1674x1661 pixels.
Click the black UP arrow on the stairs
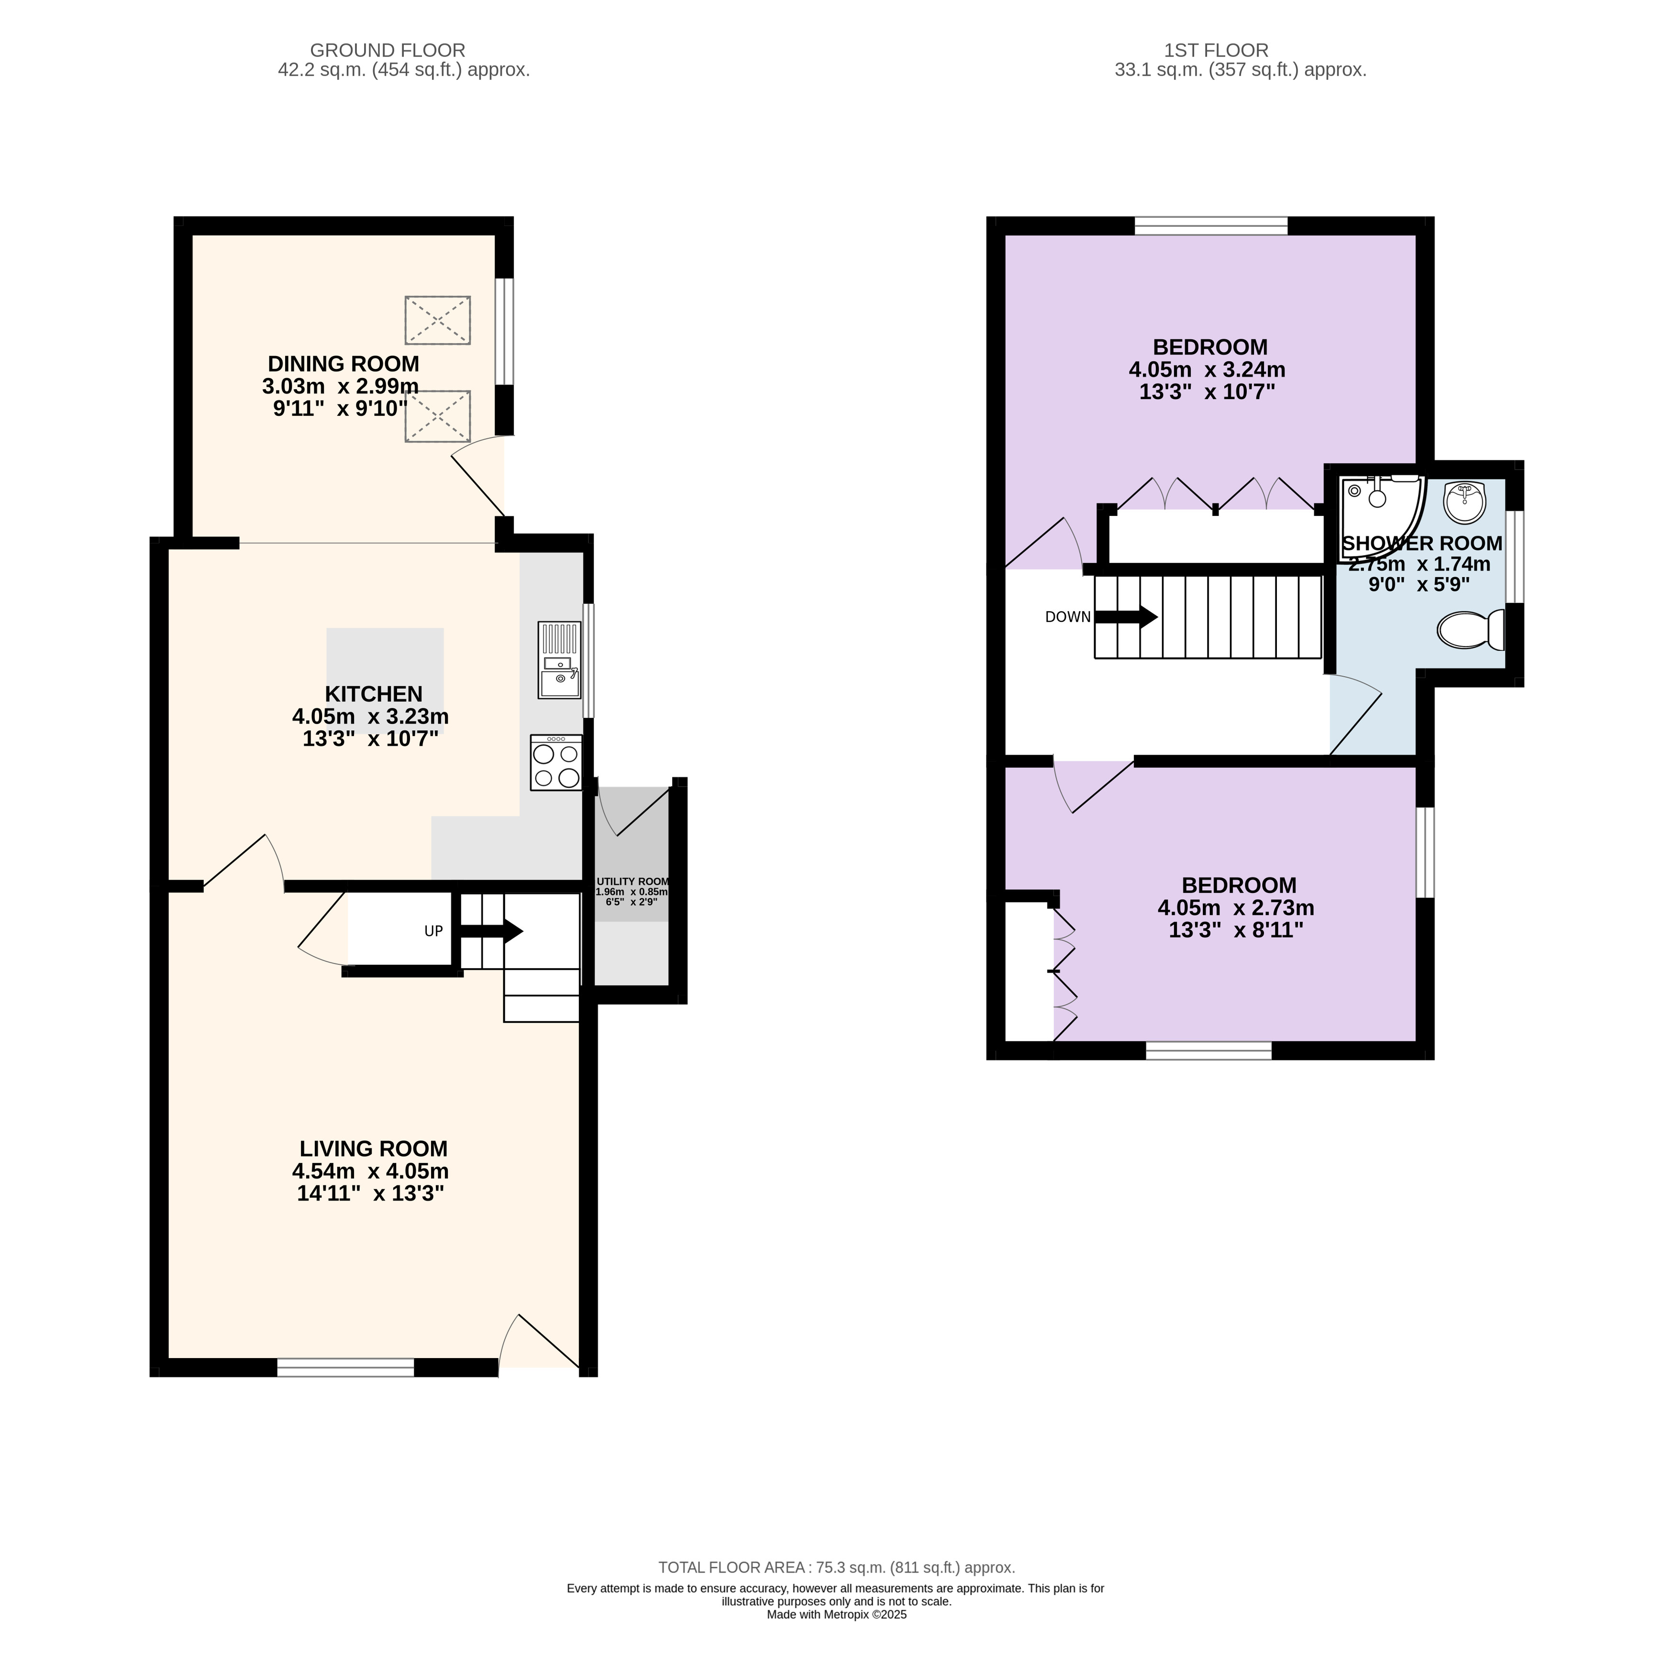[490, 931]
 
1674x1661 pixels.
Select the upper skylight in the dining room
[438, 321]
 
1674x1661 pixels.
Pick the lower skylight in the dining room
[438, 417]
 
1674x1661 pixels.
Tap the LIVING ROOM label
[374, 1149]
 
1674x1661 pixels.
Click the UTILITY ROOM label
[632, 881]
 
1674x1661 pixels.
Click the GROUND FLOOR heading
[388, 50]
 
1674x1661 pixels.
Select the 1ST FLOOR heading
[1216, 50]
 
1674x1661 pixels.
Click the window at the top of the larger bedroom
[1210, 225]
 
